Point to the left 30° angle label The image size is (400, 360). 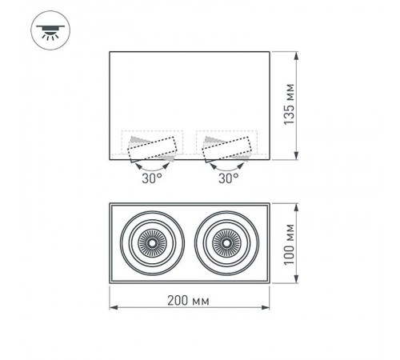pos(152,178)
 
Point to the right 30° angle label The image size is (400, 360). pos(228,178)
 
